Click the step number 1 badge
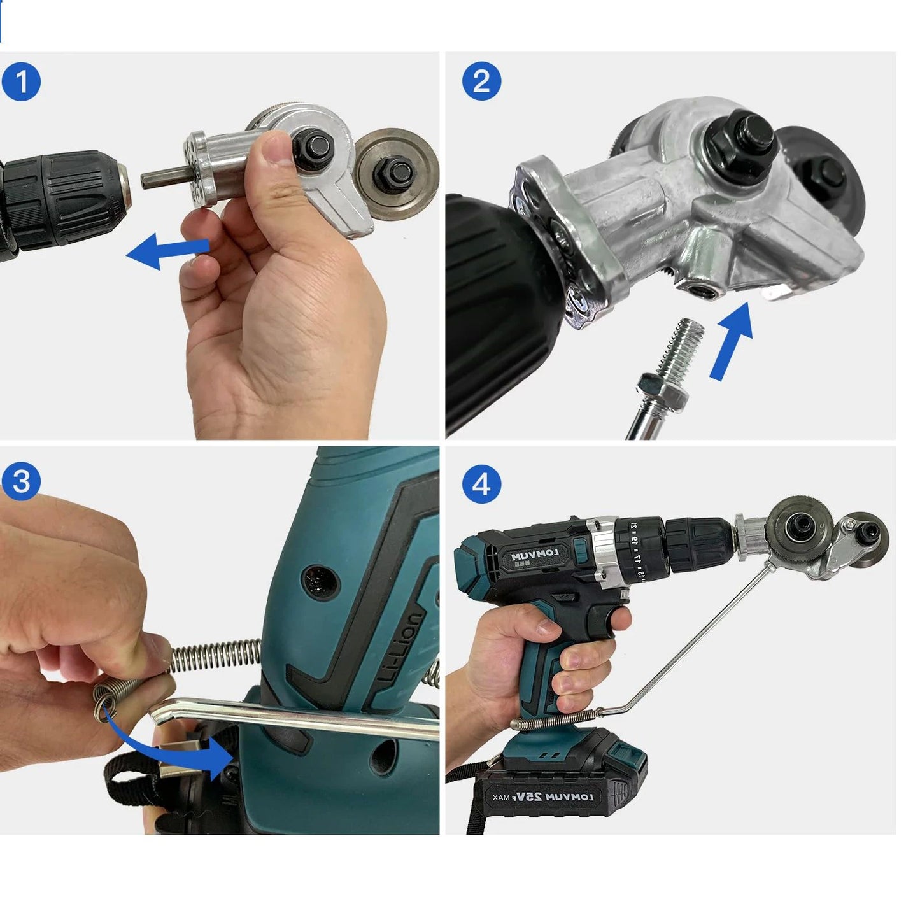(21, 82)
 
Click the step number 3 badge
(21, 481)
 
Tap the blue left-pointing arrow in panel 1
(167, 251)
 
